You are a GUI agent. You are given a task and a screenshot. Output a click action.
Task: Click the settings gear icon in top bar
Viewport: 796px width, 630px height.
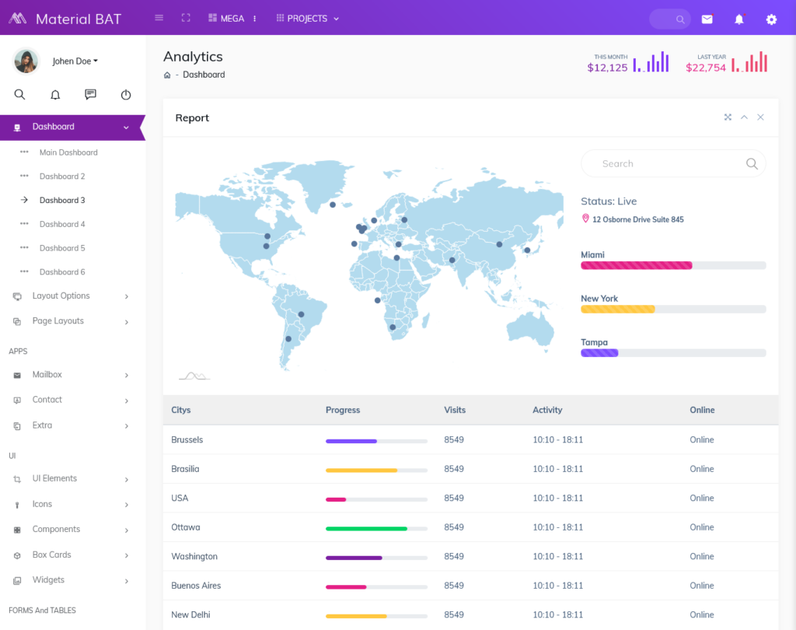(x=771, y=19)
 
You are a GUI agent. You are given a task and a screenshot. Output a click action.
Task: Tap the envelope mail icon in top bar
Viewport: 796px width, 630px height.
(x=707, y=19)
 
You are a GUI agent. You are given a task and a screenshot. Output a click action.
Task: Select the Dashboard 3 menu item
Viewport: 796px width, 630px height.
(x=62, y=200)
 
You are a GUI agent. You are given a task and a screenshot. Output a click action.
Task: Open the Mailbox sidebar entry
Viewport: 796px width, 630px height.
(x=47, y=375)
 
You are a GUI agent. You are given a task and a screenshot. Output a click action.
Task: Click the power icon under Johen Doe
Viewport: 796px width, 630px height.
(x=126, y=95)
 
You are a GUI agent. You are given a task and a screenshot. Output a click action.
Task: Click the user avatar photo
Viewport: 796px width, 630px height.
(x=26, y=61)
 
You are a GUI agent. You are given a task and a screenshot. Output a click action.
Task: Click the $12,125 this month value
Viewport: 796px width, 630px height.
(x=607, y=68)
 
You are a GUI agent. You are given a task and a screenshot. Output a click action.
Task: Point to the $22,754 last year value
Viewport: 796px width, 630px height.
(x=706, y=68)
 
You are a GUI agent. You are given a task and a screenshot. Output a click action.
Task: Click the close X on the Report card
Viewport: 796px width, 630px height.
(x=760, y=117)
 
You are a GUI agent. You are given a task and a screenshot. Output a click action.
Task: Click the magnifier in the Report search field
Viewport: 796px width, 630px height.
(x=752, y=163)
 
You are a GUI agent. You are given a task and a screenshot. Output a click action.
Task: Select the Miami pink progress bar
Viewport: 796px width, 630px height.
(x=636, y=265)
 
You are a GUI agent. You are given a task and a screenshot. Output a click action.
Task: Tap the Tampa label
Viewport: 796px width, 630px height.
(x=594, y=342)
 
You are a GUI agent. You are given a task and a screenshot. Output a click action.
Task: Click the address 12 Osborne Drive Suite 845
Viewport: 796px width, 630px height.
(x=637, y=219)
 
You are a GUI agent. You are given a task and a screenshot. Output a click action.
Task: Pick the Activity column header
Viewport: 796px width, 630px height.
(x=547, y=410)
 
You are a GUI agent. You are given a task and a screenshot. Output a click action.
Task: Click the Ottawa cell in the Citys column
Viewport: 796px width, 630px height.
(x=186, y=527)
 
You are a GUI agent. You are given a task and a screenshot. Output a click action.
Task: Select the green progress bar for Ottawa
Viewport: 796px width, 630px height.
(x=366, y=529)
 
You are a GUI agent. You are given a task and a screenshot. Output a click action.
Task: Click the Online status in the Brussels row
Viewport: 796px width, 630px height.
(x=701, y=440)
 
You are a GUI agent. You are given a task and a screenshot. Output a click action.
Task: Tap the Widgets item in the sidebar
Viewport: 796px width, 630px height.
(x=48, y=580)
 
